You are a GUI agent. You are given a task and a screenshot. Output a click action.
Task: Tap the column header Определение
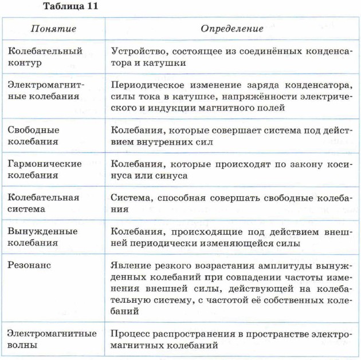tap(231, 28)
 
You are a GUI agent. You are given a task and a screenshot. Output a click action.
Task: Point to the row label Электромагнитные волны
tap(51, 339)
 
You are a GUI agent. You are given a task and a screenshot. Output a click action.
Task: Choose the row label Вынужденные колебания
tap(42, 237)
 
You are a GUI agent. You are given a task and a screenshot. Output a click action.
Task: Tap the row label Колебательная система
tap(43, 203)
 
